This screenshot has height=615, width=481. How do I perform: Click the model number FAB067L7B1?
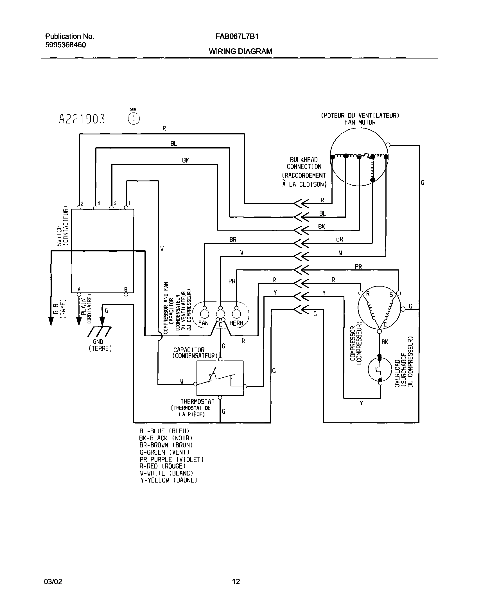point(237,36)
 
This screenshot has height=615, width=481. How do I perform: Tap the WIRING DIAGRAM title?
point(240,51)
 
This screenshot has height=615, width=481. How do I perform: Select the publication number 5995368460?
point(65,45)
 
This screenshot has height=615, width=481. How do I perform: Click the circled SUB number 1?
point(134,119)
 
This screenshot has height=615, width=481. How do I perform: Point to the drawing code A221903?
point(82,119)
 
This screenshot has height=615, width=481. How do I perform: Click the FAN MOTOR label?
point(360,122)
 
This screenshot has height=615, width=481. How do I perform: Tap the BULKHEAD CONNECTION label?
point(304,163)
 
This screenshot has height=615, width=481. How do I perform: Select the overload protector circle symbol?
point(380,369)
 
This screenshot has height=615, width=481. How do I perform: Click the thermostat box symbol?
point(220,378)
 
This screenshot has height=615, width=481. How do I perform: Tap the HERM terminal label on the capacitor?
point(236,323)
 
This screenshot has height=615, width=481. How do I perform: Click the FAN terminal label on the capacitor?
point(203,323)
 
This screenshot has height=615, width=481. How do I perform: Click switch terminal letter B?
point(126,289)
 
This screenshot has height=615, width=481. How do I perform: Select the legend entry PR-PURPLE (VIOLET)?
point(171,459)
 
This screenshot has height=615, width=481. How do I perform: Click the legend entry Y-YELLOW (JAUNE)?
point(168,480)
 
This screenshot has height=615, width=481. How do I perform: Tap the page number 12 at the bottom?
point(236,581)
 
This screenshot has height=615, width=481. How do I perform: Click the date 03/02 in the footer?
point(53,582)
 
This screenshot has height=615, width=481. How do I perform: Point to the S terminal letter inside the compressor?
point(391,295)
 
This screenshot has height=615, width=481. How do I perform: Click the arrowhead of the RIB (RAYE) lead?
point(51,321)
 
